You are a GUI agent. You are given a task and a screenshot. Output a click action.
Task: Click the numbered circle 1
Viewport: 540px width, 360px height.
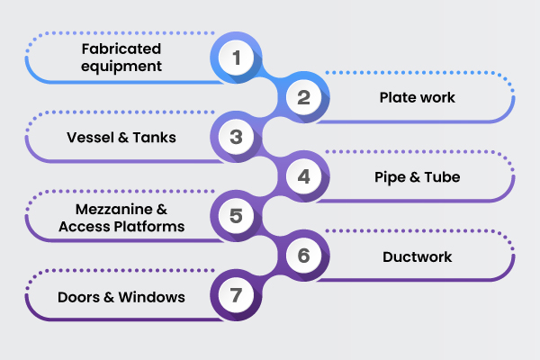click(x=237, y=59)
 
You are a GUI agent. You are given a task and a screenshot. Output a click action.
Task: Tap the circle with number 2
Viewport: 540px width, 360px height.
click(x=303, y=98)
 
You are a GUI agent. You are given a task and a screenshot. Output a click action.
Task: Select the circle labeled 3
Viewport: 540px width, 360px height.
click(x=237, y=138)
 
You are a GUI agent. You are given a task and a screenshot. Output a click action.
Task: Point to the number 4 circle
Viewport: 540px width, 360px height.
click(x=303, y=176)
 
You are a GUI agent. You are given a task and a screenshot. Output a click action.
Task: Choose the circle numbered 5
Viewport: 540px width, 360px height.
click(x=237, y=216)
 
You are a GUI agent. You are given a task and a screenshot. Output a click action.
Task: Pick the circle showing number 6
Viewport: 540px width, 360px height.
click(x=303, y=256)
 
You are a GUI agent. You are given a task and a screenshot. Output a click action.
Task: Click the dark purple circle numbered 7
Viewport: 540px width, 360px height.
click(x=237, y=295)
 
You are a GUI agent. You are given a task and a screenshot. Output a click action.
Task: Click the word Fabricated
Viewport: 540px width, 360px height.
click(x=121, y=49)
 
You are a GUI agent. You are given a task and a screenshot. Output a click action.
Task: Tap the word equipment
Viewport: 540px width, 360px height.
click(x=121, y=67)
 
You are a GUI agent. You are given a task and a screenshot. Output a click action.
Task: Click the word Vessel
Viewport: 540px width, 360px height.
click(x=88, y=138)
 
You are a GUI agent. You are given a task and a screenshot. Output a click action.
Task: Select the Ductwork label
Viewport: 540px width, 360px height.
click(x=417, y=256)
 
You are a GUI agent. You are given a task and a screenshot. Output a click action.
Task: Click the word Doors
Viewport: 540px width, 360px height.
click(x=77, y=296)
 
